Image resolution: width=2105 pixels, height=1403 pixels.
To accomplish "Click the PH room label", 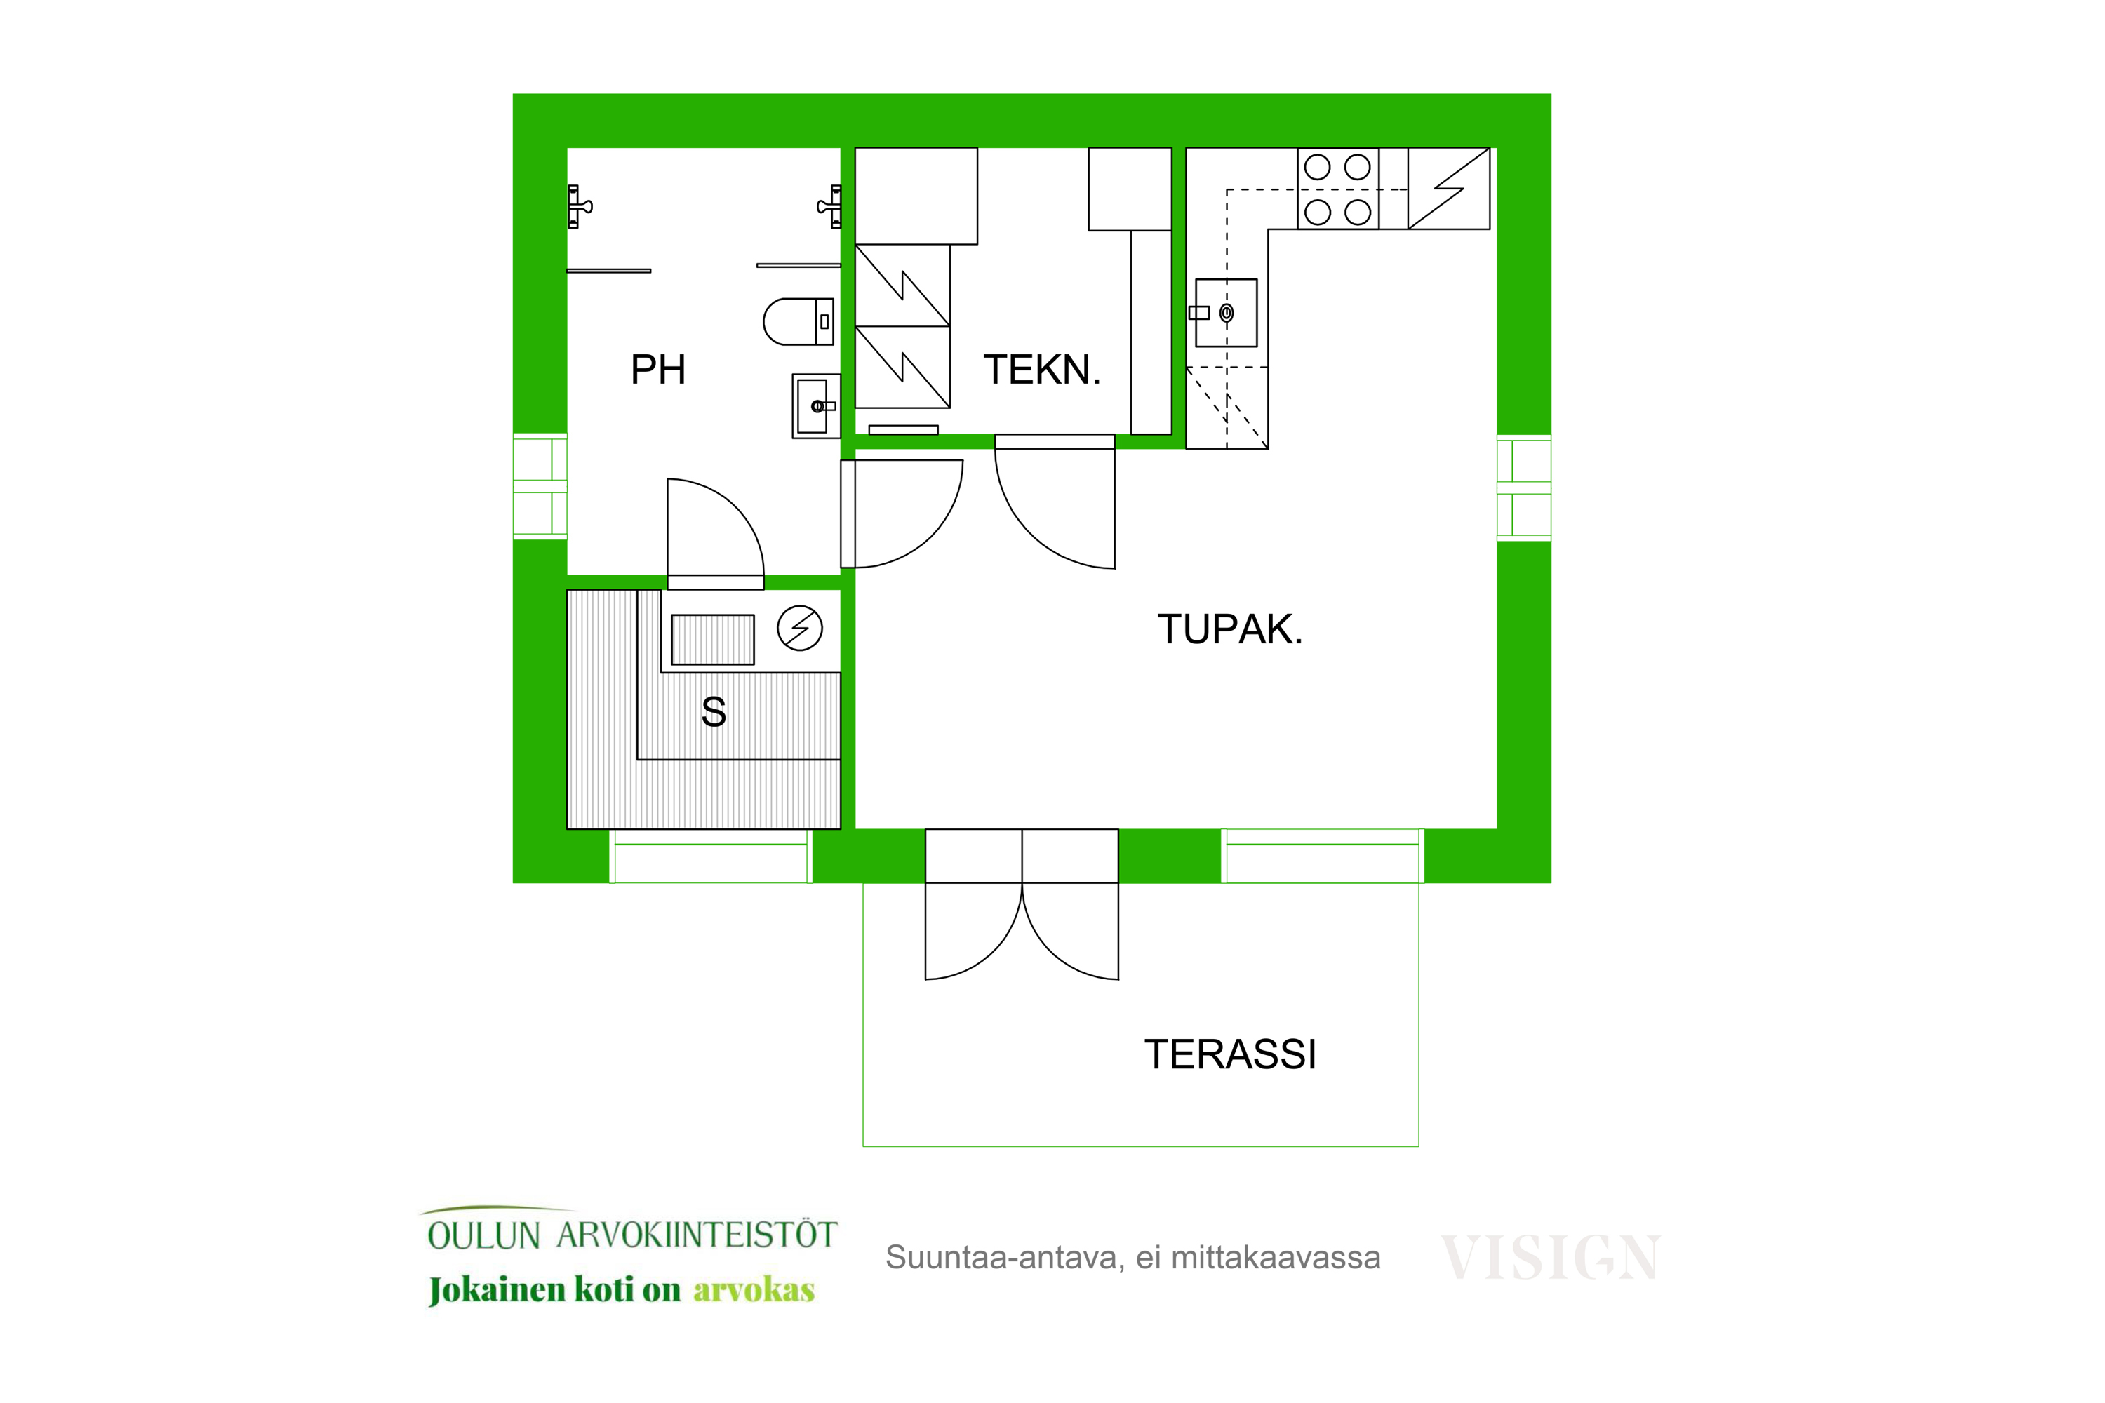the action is (x=658, y=370).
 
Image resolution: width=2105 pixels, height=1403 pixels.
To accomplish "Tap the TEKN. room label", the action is (x=1042, y=370).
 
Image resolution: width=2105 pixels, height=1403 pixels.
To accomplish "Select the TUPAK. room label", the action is (x=1230, y=629).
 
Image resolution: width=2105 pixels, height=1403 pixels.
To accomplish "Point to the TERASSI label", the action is (x=1230, y=1054).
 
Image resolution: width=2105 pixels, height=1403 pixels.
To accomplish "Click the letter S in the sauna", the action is (x=714, y=712).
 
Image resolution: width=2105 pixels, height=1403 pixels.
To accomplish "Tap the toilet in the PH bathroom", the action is (x=798, y=322).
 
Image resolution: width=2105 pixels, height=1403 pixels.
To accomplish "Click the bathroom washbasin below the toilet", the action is (x=815, y=406).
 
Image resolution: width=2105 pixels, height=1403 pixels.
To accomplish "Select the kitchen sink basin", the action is (x=1226, y=313).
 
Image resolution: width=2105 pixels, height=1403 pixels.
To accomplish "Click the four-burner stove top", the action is (x=1338, y=189).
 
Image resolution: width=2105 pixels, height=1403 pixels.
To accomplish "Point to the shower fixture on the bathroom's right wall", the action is (x=829, y=207).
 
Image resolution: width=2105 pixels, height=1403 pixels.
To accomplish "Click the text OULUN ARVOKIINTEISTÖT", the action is (x=632, y=1235).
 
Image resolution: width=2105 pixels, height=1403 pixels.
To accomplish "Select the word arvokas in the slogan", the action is (x=754, y=1289).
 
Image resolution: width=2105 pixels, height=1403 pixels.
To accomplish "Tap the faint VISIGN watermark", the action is (x=1551, y=1257).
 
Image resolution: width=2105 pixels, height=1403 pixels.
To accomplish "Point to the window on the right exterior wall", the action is (x=1523, y=488).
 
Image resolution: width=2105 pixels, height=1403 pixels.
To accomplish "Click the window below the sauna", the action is (x=711, y=857).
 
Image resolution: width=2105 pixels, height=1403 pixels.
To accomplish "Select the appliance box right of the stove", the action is (x=1448, y=189).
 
